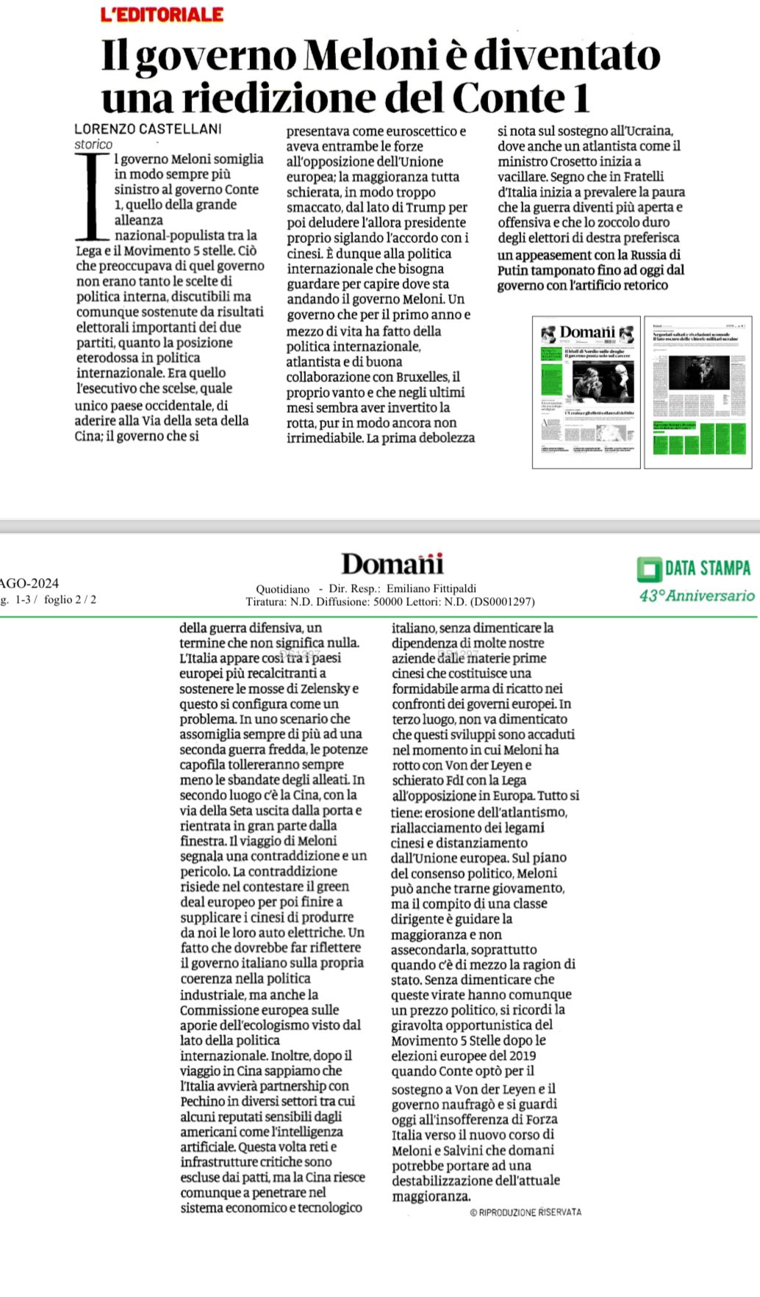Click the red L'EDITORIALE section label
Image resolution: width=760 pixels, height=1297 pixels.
[162, 14]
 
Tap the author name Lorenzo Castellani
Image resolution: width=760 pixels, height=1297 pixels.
[148, 129]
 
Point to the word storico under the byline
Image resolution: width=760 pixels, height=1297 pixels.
[93, 145]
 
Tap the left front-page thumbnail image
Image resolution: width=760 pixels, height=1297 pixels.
[587, 391]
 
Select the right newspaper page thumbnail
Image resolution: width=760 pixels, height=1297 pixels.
[698, 391]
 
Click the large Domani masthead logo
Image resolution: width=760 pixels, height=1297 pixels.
[392, 564]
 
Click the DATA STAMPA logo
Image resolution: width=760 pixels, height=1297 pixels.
[695, 568]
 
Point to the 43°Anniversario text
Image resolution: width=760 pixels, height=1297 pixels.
[697, 596]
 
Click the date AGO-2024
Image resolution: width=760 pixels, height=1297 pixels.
[29, 583]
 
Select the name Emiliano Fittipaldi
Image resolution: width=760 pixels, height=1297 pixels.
[431, 588]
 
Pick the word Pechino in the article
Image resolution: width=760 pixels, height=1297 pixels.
[203, 1101]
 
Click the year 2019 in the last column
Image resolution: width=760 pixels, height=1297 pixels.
[520, 1055]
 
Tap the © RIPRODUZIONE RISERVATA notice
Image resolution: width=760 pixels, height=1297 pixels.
[526, 1212]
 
